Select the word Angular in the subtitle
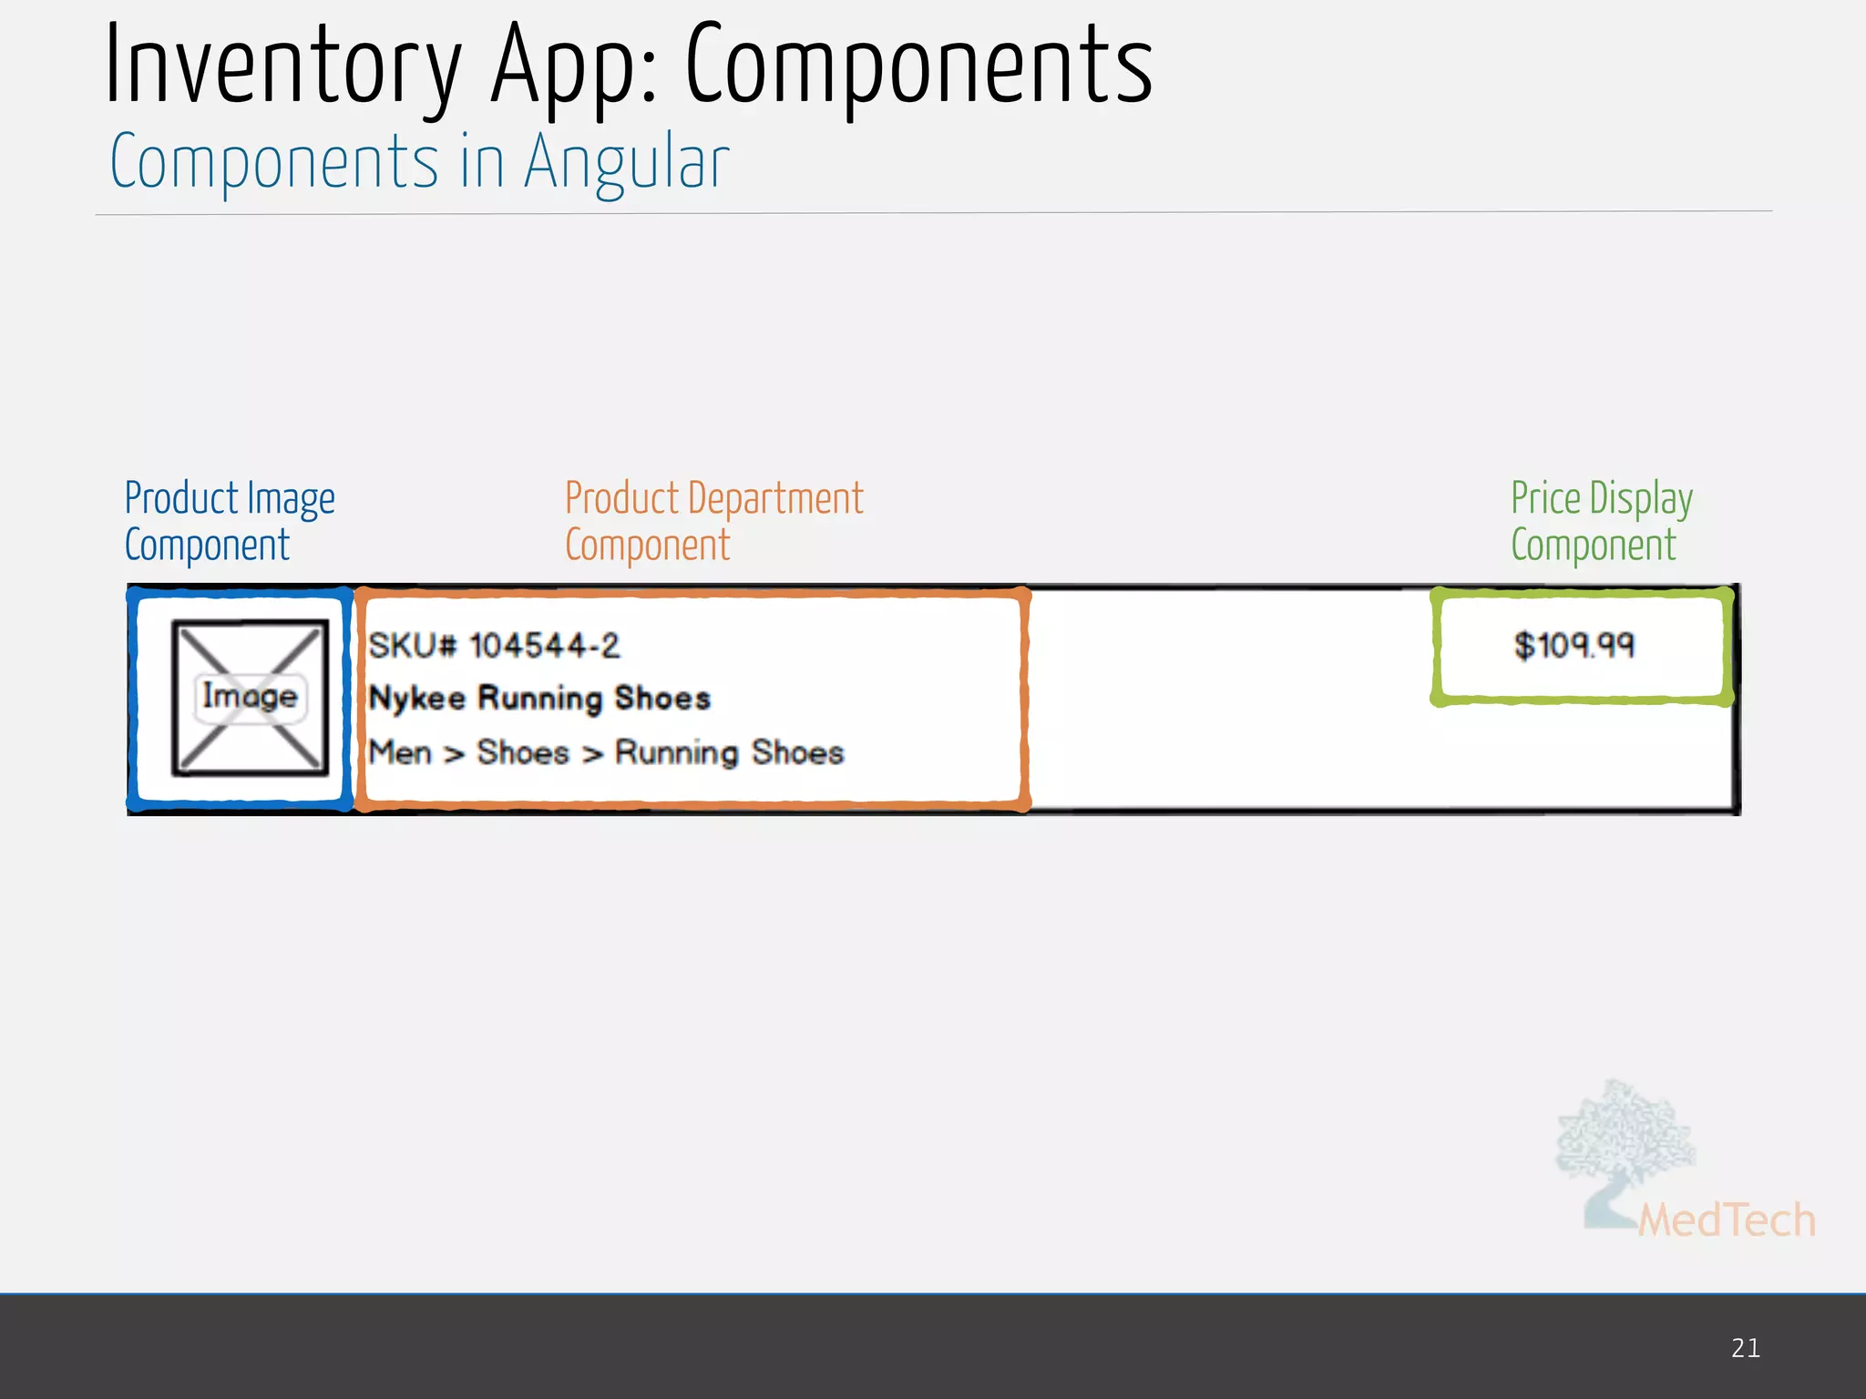(x=626, y=162)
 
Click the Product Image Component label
(x=230, y=521)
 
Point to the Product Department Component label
(x=713, y=521)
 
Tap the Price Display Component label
(x=1601, y=521)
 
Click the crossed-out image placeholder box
(x=250, y=698)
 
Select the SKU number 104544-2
(x=544, y=646)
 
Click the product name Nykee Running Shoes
(x=539, y=699)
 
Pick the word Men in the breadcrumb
(x=400, y=753)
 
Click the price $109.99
(x=1574, y=646)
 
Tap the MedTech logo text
(x=1726, y=1220)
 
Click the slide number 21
(x=1745, y=1348)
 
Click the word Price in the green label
(x=1545, y=498)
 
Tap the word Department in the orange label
(x=775, y=498)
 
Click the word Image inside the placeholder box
(x=250, y=697)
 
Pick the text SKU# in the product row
(x=412, y=646)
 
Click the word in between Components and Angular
(x=482, y=162)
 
